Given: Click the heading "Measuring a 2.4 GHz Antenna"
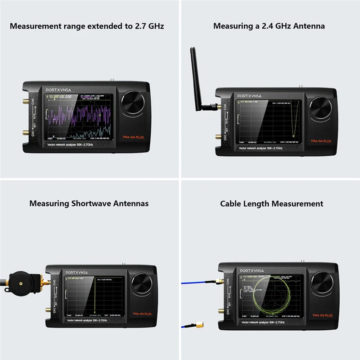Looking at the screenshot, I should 269,26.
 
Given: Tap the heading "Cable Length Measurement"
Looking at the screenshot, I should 271,204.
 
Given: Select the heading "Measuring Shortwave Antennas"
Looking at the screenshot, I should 89,204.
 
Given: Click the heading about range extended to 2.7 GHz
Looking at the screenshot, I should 87,26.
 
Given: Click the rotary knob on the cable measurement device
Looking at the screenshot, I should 322,282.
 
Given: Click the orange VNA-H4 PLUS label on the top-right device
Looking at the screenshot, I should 320,141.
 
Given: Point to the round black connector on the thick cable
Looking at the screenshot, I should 22,278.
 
